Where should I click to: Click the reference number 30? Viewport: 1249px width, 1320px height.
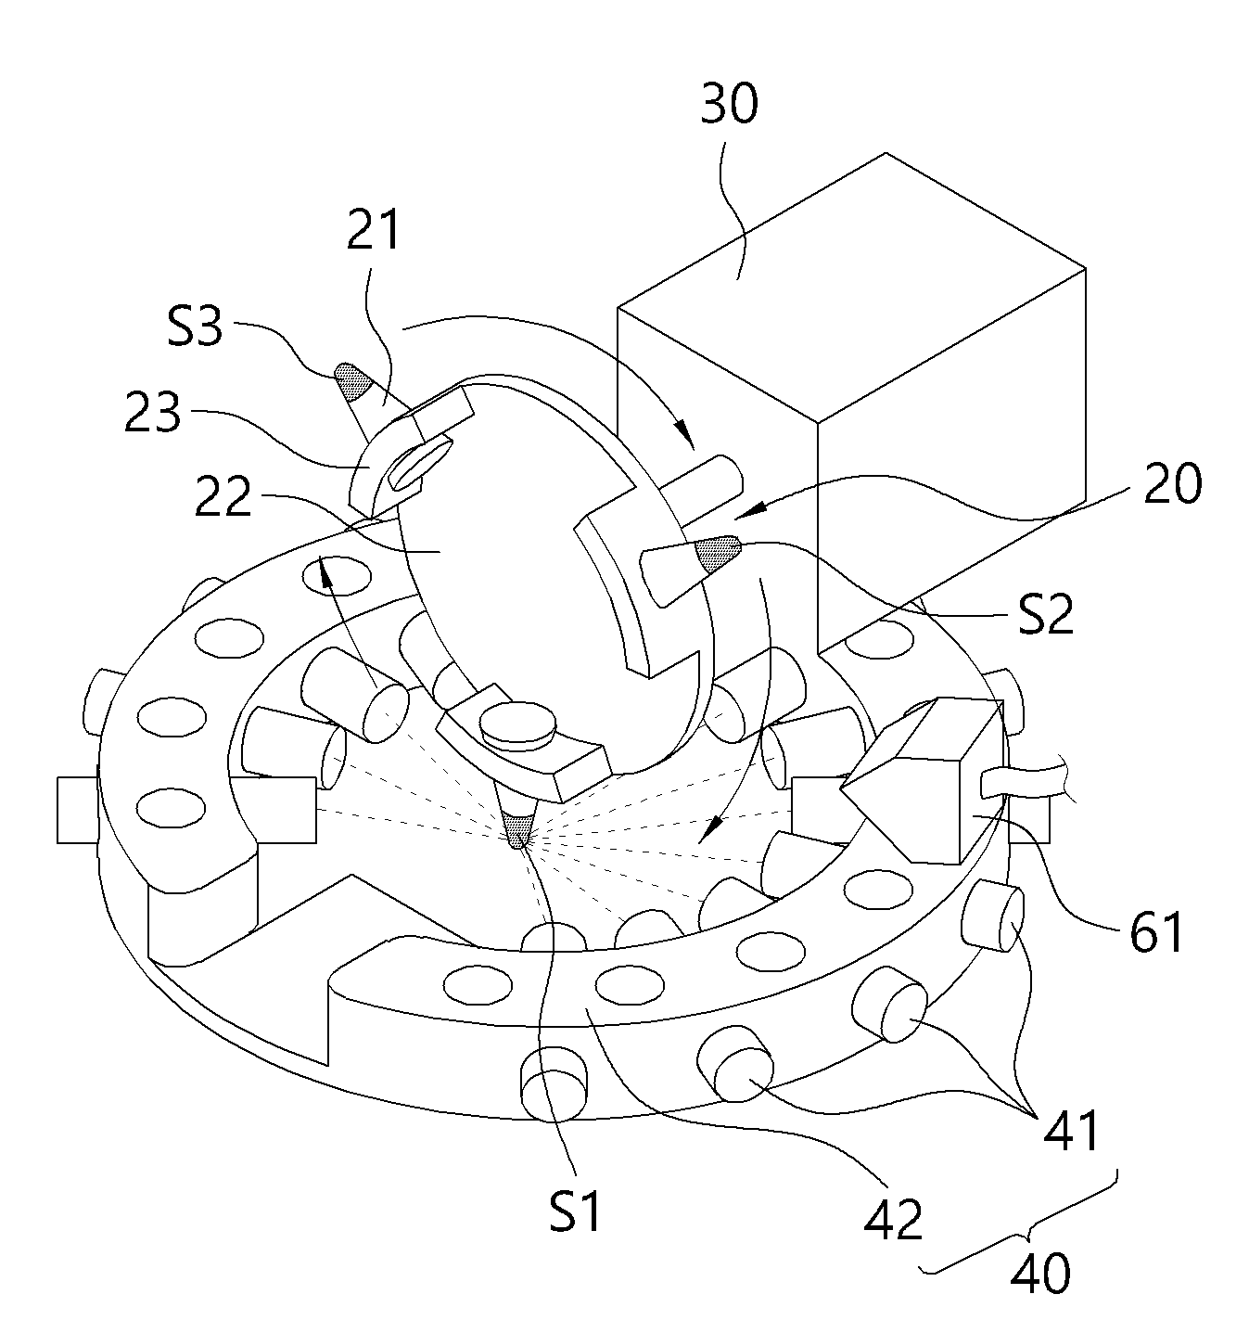[729, 105]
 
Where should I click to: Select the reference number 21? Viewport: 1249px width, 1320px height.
[373, 230]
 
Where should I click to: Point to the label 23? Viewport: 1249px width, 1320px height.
[153, 412]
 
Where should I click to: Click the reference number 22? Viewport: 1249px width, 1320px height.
[223, 496]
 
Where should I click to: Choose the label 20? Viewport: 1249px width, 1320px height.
[1172, 483]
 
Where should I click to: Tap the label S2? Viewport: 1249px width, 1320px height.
[1046, 614]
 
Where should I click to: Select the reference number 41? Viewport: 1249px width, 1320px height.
[1070, 1130]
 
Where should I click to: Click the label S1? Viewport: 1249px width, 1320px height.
[575, 1211]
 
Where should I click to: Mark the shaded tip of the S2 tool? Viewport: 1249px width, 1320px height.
[718, 551]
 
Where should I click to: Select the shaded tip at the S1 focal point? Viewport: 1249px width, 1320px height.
[517, 830]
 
